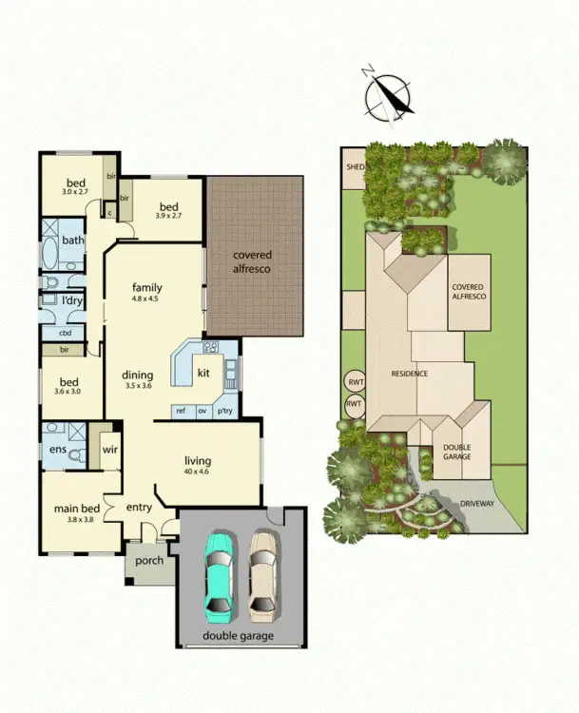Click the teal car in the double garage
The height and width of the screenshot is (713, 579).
(218, 576)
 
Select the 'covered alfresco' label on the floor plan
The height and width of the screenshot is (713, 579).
(253, 262)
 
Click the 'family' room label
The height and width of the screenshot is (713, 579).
(147, 288)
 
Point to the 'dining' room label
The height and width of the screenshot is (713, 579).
(139, 374)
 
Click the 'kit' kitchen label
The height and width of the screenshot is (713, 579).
(203, 374)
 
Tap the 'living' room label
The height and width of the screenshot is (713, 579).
(198, 463)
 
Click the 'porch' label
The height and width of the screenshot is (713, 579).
(149, 561)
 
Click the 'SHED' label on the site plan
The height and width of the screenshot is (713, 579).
(355, 166)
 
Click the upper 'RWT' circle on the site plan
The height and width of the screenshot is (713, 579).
(355, 383)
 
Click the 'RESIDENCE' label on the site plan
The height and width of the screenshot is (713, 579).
(410, 374)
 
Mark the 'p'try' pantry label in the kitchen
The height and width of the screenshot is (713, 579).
(225, 411)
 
